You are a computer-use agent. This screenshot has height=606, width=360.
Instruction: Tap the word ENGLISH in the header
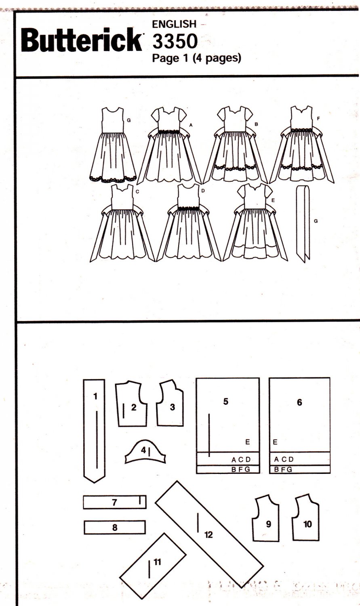coord(174,24)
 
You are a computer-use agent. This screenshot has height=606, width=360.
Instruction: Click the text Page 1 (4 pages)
coord(196,59)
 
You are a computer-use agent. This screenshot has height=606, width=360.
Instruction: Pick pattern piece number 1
coord(95,430)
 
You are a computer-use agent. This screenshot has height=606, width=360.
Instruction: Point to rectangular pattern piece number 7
coord(115,503)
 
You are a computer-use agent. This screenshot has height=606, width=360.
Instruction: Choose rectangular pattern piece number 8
coord(115,527)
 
